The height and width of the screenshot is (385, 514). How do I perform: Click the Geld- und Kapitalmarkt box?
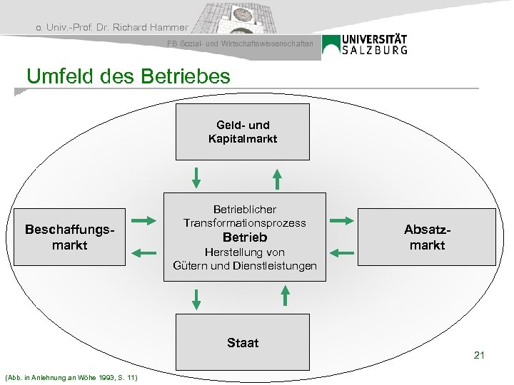pyautogui.click(x=243, y=132)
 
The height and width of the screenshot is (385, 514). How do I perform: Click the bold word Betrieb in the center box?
pyautogui.click(x=245, y=237)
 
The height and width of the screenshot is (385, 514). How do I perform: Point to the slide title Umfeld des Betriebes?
pyautogui.click(x=128, y=76)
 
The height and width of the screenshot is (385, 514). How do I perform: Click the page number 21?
pyautogui.click(x=479, y=354)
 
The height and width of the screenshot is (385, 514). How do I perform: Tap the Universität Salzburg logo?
pyautogui.click(x=366, y=44)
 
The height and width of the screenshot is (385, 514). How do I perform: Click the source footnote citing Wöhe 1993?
pyautogui.click(x=71, y=376)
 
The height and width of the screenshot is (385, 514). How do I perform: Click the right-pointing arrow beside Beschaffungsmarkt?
pyautogui.click(x=144, y=220)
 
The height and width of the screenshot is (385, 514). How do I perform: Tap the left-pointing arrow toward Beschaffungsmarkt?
pyautogui.click(x=144, y=252)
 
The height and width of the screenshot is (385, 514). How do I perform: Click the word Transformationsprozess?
pyautogui.click(x=244, y=223)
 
